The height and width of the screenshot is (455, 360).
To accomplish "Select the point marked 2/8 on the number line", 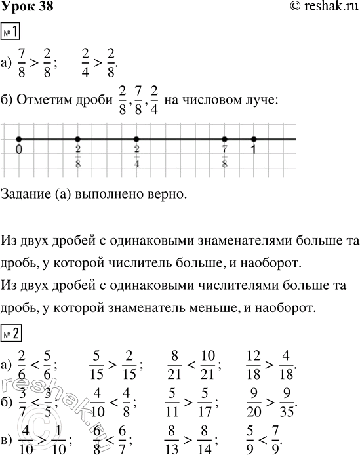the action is pos(77,139).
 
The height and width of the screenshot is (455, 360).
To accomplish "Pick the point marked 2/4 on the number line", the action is pos(136,139).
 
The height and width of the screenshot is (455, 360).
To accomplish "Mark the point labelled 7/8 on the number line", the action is pos(225,139).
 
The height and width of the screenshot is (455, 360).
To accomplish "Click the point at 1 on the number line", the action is pos(254,139).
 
